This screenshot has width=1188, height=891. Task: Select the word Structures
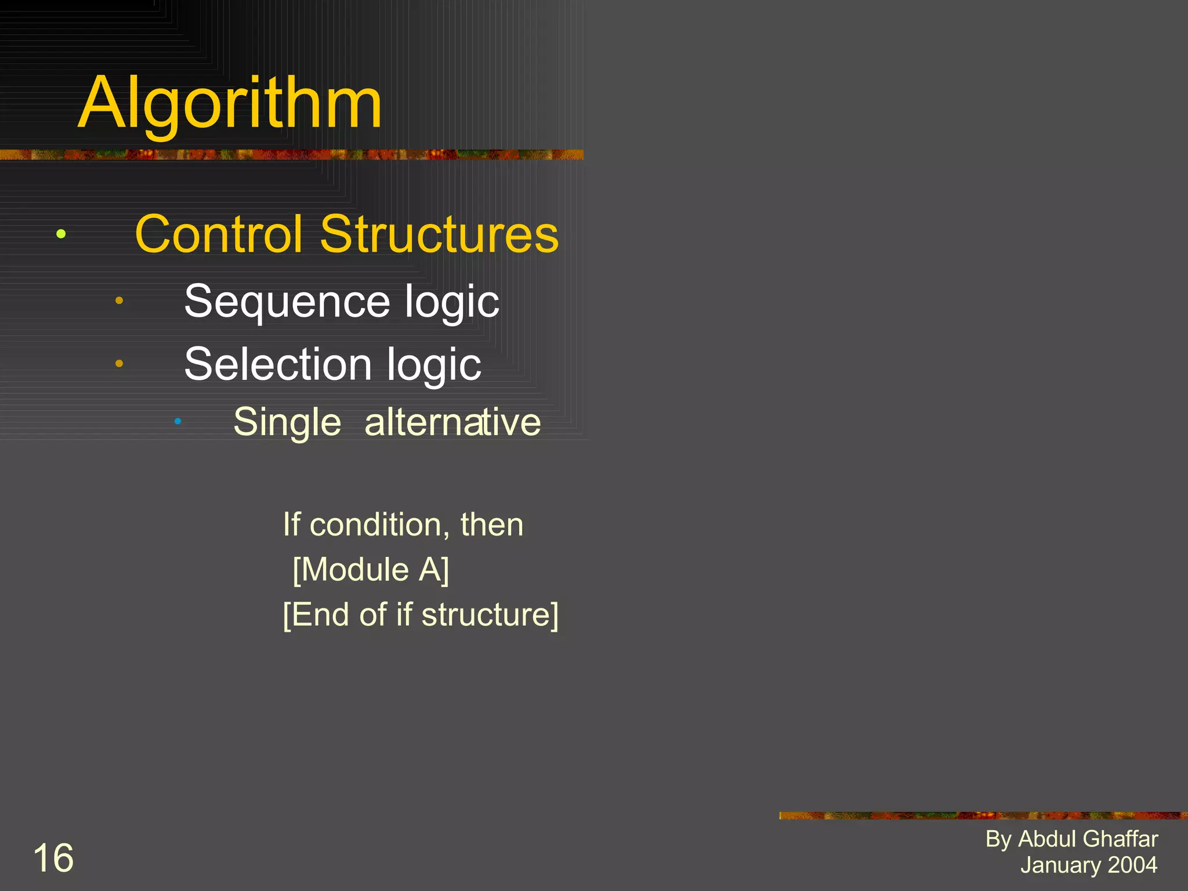point(439,234)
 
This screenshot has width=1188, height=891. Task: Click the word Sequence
point(287,302)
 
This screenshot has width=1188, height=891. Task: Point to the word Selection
point(277,364)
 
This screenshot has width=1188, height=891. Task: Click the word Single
point(287,422)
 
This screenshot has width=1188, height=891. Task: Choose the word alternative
point(452,422)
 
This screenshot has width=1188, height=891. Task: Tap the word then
point(492,525)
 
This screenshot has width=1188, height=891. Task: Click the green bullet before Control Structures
point(61,234)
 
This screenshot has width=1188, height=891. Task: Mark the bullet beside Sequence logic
point(119,300)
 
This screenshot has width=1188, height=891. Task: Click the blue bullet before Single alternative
point(178,421)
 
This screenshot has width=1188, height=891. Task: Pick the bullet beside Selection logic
point(119,364)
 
